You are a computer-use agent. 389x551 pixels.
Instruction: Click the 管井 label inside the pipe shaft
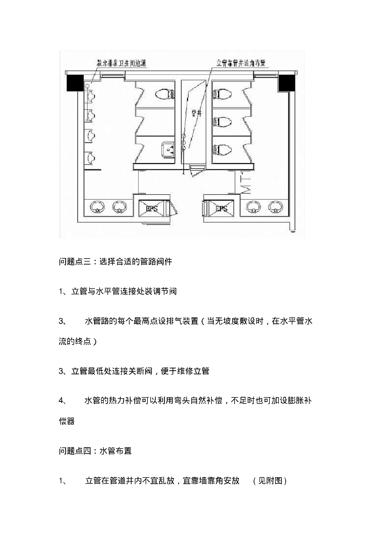(x=196, y=113)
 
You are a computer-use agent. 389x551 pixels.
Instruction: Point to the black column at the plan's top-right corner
(x=287, y=83)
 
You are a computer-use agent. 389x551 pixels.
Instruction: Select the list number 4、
(x=63, y=401)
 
